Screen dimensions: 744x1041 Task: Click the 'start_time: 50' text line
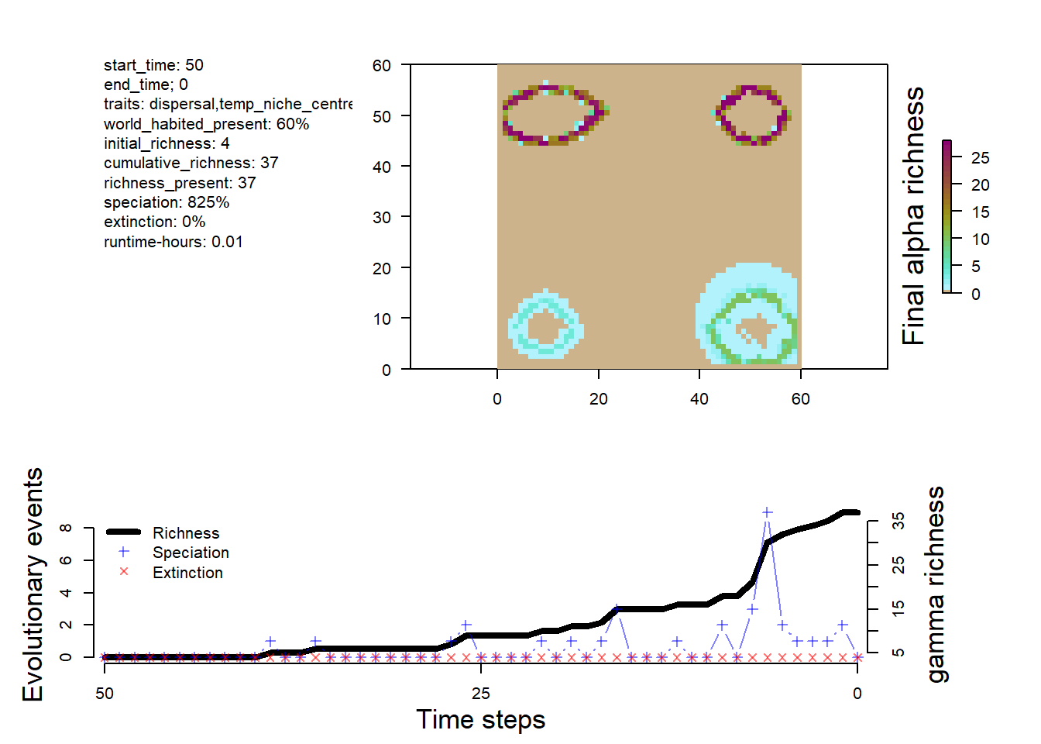pyautogui.click(x=153, y=65)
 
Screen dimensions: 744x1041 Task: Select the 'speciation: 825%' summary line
pyautogui.click(x=167, y=202)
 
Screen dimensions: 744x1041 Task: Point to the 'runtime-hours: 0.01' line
pyautogui.click(x=173, y=242)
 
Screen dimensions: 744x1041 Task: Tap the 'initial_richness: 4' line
pyautogui.click(x=167, y=143)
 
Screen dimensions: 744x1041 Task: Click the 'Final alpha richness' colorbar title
pyautogui.click(x=914, y=216)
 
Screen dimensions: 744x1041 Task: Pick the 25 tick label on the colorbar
pyautogui.click(x=980, y=158)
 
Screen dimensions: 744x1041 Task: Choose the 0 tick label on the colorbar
pyautogui.click(x=975, y=294)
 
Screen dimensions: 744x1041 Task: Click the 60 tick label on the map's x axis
pyautogui.click(x=800, y=399)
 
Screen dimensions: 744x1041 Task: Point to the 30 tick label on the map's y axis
pyautogui.click(x=381, y=218)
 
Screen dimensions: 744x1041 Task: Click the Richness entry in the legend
pyautogui.click(x=186, y=533)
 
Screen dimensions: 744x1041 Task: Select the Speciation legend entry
pyautogui.click(x=191, y=553)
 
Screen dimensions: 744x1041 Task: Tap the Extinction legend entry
pyautogui.click(x=187, y=573)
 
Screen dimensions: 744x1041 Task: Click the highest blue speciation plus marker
pyautogui.click(x=767, y=512)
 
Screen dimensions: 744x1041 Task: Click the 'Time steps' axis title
pyautogui.click(x=480, y=719)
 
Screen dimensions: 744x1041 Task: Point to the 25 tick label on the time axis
pyautogui.click(x=480, y=694)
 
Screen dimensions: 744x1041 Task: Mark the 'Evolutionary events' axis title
pyautogui.click(x=33, y=585)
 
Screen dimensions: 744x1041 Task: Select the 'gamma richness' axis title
pyautogui.click(x=936, y=585)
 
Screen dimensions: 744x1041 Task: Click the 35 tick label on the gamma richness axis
pyautogui.click(x=898, y=521)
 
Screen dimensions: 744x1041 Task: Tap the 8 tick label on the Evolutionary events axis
pyautogui.click(x=67, y=528)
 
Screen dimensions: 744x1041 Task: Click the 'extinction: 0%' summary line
pyautogui.click(x=154, y=222)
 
